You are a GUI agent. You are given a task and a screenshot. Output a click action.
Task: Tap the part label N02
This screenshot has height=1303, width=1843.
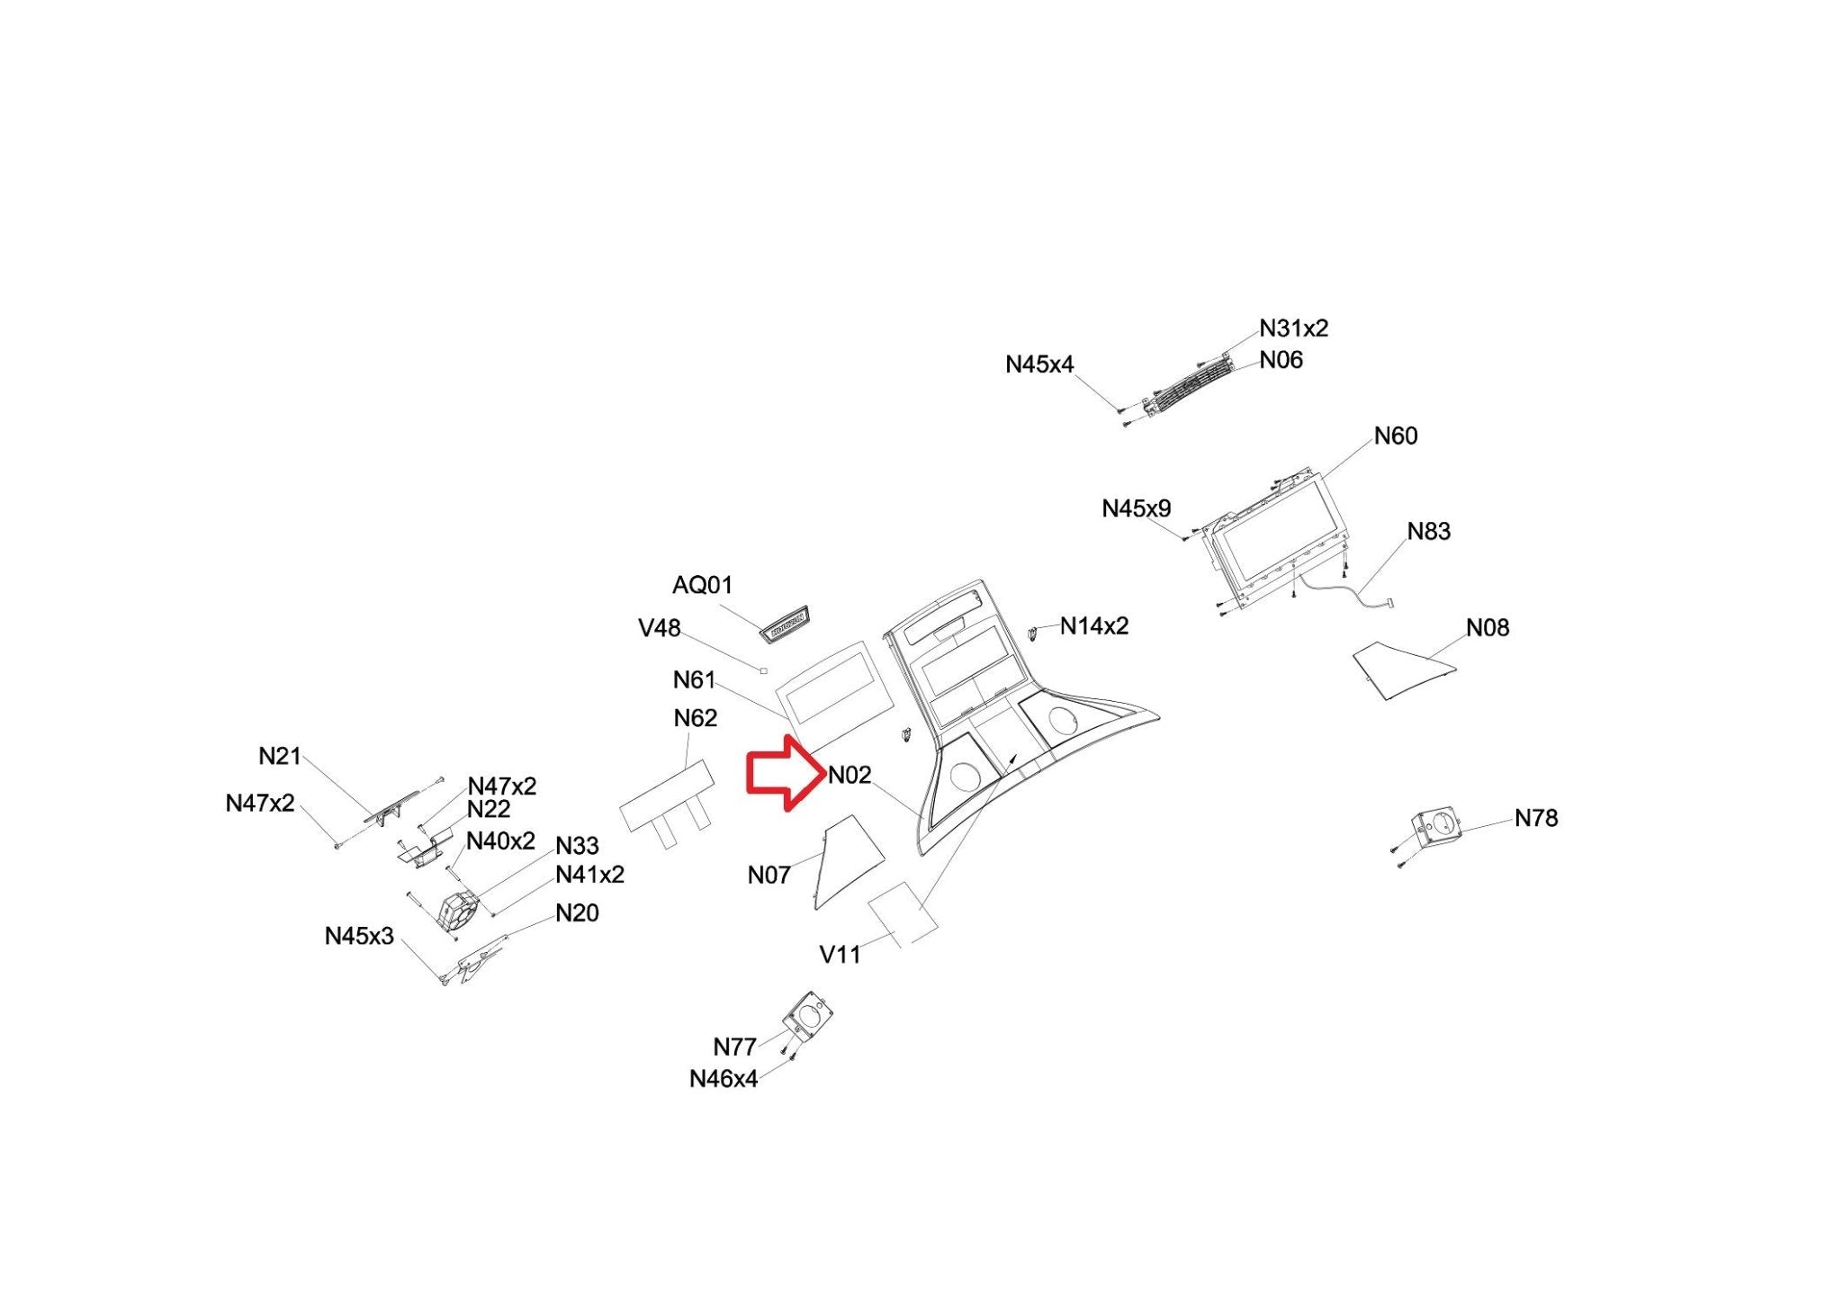pos(850,775)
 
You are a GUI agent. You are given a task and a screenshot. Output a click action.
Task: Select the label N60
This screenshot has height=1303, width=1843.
pos(1395,436)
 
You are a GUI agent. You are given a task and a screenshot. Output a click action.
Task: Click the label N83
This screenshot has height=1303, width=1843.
pos(1428,532)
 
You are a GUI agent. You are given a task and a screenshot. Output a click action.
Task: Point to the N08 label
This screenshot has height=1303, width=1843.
pos(1487,628)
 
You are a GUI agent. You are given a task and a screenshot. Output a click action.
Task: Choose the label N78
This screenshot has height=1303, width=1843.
pos(1535,819)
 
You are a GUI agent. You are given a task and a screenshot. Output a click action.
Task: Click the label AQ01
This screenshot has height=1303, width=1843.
pos(702,586)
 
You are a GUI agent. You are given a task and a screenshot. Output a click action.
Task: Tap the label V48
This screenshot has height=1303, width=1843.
pos(659,628)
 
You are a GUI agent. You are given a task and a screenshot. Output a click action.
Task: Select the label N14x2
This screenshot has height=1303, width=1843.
pos(1093,626)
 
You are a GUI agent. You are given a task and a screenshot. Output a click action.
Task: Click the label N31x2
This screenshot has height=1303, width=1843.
pos(1293,328)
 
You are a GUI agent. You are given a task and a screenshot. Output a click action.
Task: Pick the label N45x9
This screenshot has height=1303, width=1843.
pos(1136,509)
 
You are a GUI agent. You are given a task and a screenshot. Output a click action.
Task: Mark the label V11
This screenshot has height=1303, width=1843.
pos(839,955)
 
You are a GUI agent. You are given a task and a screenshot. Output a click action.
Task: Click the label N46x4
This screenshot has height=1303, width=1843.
pos(723,1079)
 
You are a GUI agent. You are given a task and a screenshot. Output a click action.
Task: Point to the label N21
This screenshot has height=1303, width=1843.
pos(279,757)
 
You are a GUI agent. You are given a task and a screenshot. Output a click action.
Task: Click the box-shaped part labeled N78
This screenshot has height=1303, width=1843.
pos(1436,826)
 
